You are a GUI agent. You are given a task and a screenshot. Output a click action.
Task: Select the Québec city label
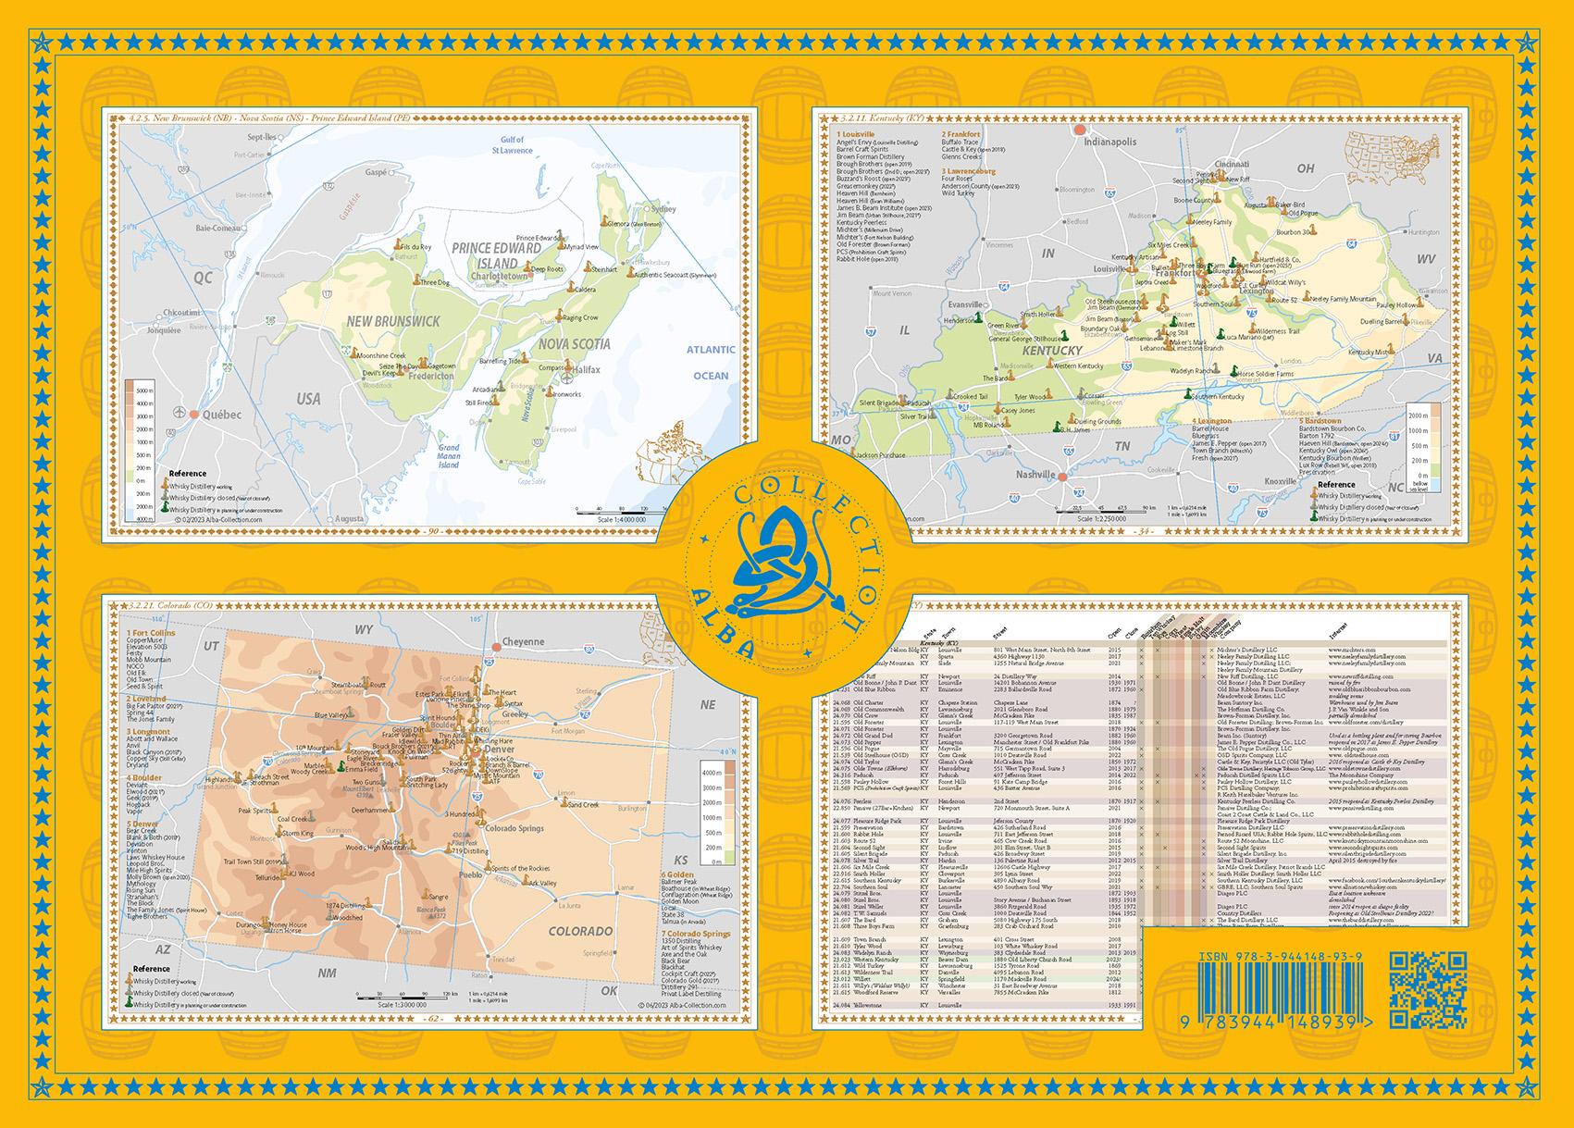(220, 415)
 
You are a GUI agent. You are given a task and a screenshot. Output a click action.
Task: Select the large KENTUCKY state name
(1052, 351)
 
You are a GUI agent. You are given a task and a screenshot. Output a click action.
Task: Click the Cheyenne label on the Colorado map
(523, 641)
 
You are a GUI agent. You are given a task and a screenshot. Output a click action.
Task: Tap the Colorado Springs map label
(514, 828)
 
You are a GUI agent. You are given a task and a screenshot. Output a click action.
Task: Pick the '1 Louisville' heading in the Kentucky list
(856, 134)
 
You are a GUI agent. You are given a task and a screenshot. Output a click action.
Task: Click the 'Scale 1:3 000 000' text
(403, 1005)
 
